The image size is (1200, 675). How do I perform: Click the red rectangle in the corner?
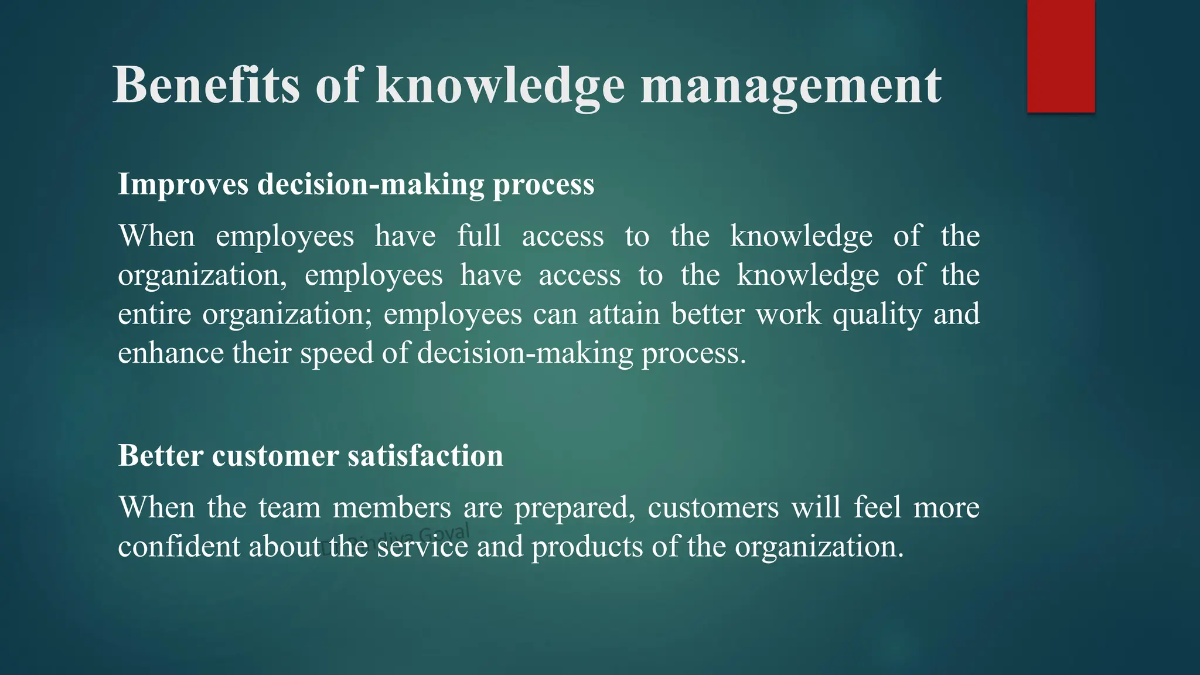(1061, 56)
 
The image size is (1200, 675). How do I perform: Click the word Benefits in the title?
(206, 86)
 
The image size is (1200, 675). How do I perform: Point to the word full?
(479, 236)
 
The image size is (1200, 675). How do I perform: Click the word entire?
(154, 314)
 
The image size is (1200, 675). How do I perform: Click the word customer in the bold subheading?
(275, 456)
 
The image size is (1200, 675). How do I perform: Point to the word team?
(289, 507)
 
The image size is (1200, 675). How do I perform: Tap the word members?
(391, 507)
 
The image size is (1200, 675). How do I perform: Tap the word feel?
(877, 507)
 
